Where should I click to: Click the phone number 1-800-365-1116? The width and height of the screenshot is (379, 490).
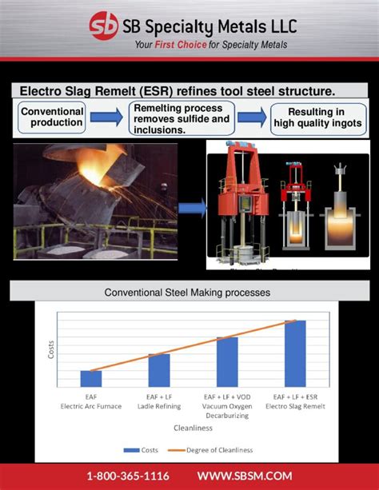pos(128,476)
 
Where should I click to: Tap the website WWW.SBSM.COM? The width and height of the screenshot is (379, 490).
pos(245,476)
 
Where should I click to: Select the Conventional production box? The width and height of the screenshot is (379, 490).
pos(51,117)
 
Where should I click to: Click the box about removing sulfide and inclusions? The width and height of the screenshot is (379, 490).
pos(181,118)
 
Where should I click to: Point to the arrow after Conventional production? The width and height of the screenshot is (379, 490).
pos(106,118)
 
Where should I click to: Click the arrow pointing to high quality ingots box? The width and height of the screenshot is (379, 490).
pos(252,118)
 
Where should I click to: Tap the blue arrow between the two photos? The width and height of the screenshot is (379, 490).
pos(191,209)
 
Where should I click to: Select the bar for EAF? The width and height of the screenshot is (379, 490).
pos(91,379)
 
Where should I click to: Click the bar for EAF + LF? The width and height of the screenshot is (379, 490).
pos(159,370)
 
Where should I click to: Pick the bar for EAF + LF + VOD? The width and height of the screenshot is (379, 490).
pos(227,361)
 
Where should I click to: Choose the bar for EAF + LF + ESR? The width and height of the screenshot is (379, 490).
pos(295,353)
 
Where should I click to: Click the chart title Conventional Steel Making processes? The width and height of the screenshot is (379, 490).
pos(187,293)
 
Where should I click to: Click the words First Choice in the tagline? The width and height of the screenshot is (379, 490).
pos(182,45)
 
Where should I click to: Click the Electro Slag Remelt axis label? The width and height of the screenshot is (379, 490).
pos(295,406)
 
